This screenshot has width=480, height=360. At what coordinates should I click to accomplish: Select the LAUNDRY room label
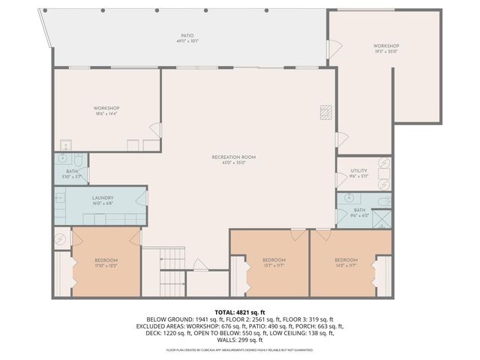pos(103,200)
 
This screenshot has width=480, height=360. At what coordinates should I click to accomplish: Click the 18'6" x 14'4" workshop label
pos(107,111)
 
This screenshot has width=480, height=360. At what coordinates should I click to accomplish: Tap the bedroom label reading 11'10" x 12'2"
pos(106,262)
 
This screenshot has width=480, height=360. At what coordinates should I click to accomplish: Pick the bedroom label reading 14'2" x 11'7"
pos(346,262)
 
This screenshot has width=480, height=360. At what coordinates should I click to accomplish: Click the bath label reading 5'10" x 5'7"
pos(71,173)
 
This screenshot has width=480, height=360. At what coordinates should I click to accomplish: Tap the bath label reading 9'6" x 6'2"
pos(359,212)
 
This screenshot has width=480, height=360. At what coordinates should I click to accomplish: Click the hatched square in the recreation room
pos(325,112)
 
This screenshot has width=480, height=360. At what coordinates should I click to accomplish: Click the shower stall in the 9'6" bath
pos(382,220)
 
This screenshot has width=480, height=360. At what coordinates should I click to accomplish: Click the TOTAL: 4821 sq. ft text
pos(240,311)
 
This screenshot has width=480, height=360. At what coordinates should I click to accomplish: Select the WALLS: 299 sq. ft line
pos(240,340)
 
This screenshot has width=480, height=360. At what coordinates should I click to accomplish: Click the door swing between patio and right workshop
pos(335,49)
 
